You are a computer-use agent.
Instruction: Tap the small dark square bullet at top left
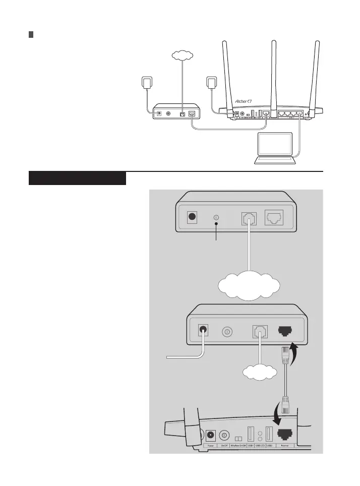31,35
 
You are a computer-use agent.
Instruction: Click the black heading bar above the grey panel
77,178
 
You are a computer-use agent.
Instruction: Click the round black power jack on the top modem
192,218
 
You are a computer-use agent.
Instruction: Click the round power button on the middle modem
227,332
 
